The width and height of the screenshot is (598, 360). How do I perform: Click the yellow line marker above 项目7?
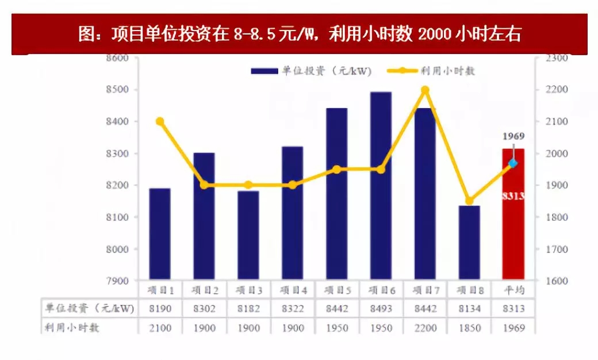425,90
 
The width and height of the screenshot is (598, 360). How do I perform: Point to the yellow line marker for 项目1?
160,121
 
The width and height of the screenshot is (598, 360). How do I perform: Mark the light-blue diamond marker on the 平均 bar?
513,163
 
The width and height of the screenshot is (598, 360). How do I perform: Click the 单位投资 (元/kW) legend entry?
311,71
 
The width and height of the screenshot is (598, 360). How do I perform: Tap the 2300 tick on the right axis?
557,58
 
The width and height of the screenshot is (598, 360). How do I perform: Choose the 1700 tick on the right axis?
557,250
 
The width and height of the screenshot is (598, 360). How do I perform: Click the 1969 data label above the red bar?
513,136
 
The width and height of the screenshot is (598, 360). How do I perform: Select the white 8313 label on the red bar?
513,196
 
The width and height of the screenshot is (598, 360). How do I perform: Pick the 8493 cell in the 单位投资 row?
381,309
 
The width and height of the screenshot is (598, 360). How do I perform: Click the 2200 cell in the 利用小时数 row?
425,328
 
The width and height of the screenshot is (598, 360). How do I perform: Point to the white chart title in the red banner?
299,34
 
